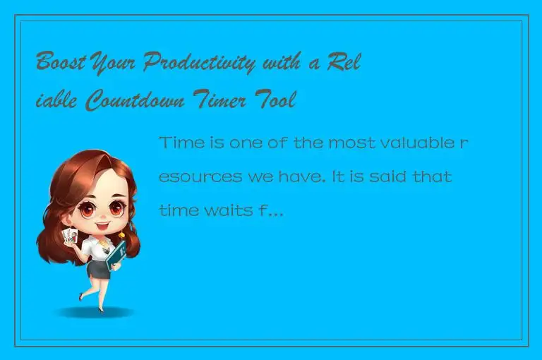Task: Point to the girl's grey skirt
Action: [x=97, y=268]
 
